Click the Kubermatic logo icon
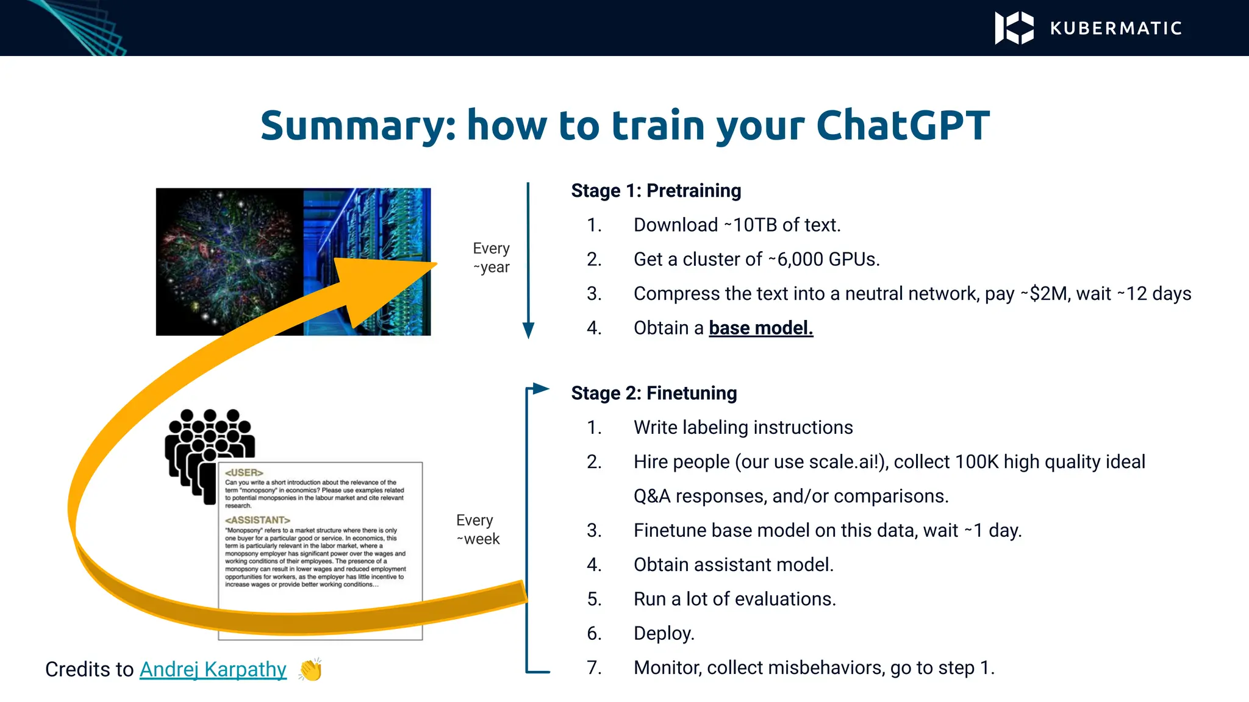[x=1014, y=28]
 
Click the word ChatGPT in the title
[x=903, y=126]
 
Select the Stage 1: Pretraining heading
[x=656, y=191]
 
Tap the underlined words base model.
[x=760, y=328]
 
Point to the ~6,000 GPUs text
[x=823, y=259]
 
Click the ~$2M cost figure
[x=1043, y=294]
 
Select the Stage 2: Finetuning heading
[x=654, y=393]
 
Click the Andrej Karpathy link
[x=213, y=669]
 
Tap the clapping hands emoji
[x=310, y=669]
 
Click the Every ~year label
[x=491, y=258]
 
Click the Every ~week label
[x=478, y=529]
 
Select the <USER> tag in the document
[x=243, y=472]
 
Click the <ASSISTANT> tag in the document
[x=257, y=520]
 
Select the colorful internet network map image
[x=229, y=261]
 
